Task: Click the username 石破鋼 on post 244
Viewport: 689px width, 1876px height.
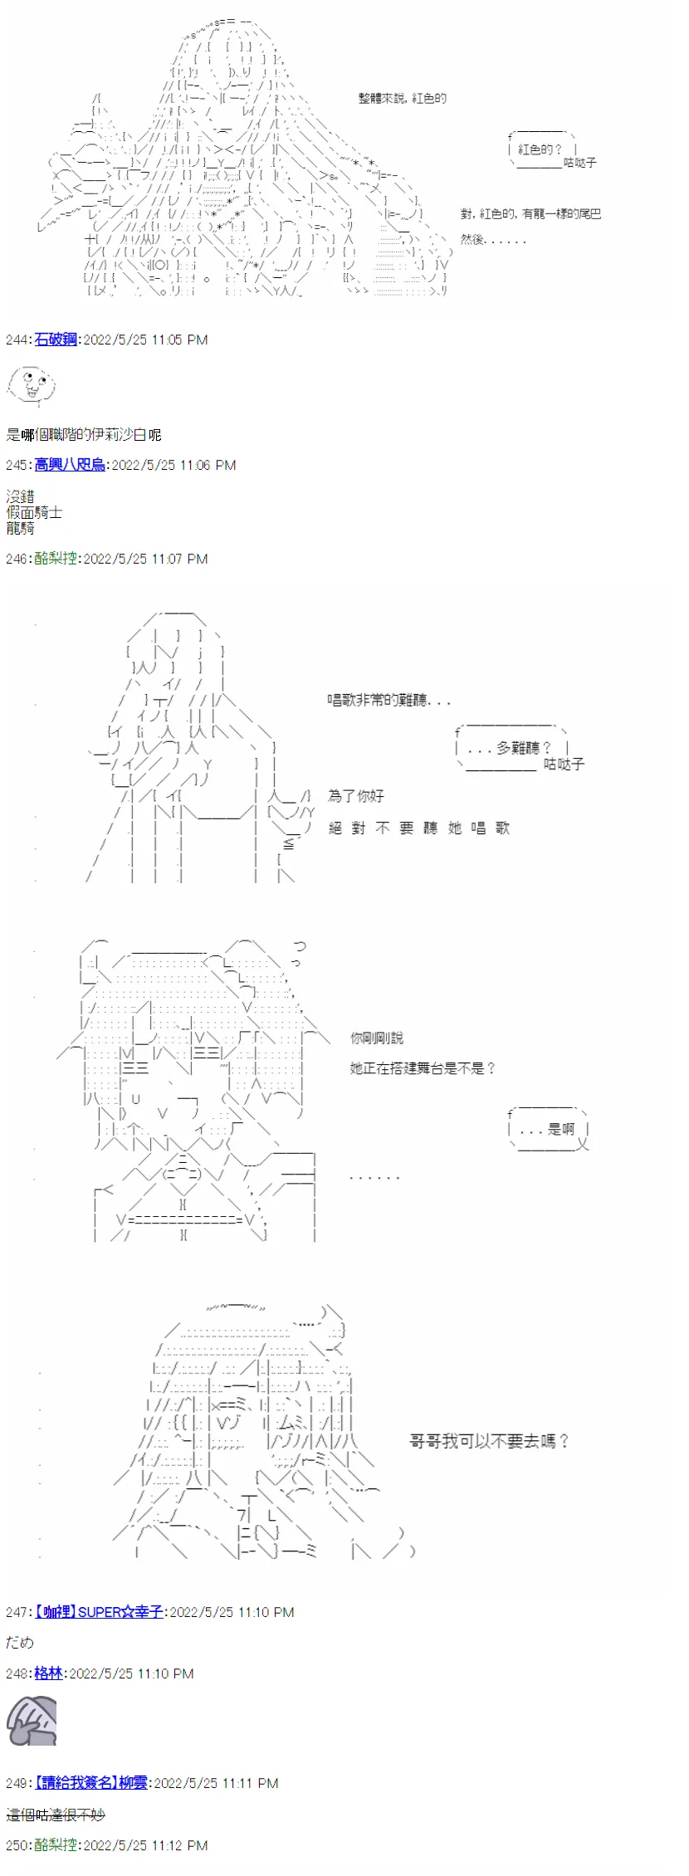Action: [x=56, y=340]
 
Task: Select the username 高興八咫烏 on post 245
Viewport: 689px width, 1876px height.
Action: [x=70, y=465]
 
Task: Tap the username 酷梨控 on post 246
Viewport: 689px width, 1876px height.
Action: [x=56, y=559]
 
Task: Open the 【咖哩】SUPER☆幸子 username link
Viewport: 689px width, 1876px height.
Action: [x=99, y=1611]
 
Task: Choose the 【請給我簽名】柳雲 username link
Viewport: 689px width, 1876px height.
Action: [x=90, y=1782]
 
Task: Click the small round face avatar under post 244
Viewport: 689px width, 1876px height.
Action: [x=31, y=385]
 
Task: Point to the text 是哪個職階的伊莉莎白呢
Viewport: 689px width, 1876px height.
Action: [x=83, y=434]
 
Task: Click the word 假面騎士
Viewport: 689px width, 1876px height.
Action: [x=34, y=512]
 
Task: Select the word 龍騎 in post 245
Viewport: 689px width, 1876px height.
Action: [x=20, y=528]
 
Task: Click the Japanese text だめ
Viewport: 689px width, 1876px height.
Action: [x=20, y=1642]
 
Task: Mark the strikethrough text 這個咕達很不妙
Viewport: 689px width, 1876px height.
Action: [x=56, y=1815]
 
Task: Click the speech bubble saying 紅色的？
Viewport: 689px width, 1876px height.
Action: [x=540, y=149]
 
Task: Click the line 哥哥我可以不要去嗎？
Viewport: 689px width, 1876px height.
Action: [x=489, y=1442]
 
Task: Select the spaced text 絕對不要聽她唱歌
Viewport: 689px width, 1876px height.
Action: [x=418, y=828]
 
